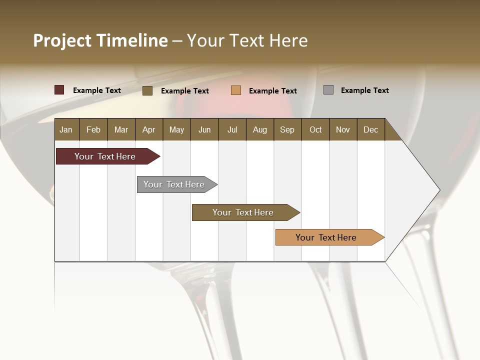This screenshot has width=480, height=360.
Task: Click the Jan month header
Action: pyautogui.click(x=66, y=129)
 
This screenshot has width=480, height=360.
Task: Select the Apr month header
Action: pyautogui.click(x=148, y=129)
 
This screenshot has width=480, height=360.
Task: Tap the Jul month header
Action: pyautogui.click(x=232, y=129)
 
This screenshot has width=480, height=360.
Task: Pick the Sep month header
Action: pyautogui.click(x=287, y=129)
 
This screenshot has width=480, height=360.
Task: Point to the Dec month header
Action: pyautogui.click(x=370, y=129)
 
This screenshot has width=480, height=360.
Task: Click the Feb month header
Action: pyautogui.click(x=93, y=129)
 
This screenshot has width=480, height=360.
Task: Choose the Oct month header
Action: pyautogui.click(x=315, y=129)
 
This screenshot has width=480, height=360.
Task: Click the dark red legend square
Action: pyautogui.click(x=59, y=90)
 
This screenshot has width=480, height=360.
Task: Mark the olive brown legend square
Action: pyautogui.click(x=147, y=90)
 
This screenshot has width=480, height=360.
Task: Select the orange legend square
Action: pyautogui.click(x=236, y=90)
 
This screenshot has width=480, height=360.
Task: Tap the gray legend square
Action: pyautogui.click(x=328, y=90)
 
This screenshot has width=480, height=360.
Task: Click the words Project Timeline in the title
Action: pyautogui.click(x=100, y=40)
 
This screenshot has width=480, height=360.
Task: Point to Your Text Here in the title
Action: pyautogui.click(x=247, y=40)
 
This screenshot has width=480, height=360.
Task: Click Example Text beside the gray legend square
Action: pyautogui.click(x=364, y=90)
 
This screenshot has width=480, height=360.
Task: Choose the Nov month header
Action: pyautogui.click(x=343, y=129)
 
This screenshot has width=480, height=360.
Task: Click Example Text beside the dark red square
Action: pyautogui.click(x=97, y=90)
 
